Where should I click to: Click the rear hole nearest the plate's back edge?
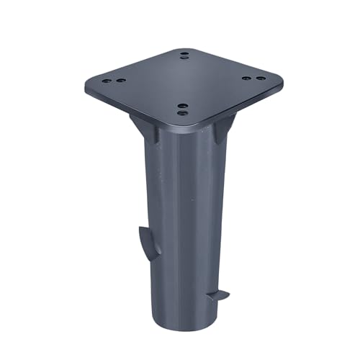pyautogui.click(x=186, y=53)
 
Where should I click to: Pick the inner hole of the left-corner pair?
pyautogui.click(x=120, y=81)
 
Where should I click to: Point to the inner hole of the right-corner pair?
pyautogui.click(x=246, y=78)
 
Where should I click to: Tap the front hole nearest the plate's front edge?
pyautogui.click(x=182, y=112)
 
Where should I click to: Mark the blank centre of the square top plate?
pyautogui.click(x=184, y=83)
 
